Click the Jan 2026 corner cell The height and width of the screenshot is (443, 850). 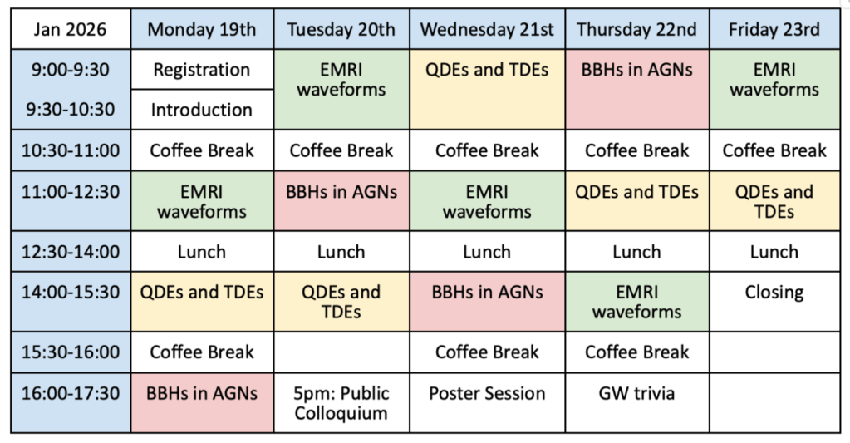click(71, 29)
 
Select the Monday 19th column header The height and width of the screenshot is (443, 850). click(202, 29)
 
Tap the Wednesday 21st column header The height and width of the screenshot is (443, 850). click(488, 29)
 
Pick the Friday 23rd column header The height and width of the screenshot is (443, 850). click(774, 29)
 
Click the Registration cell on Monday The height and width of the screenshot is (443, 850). click(202, 70)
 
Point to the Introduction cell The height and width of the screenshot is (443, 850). click(202, 110)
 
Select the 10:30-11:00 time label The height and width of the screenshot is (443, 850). click(71, 150)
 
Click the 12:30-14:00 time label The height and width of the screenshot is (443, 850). click(71, 252)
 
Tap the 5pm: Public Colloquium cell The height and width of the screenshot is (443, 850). click(341, 403)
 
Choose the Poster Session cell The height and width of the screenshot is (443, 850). click(488, 403)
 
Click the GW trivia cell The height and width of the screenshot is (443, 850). click(637, 403)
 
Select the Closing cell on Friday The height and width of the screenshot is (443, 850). click(774, 302)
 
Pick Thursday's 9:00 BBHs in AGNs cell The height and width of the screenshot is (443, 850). click(637, 90)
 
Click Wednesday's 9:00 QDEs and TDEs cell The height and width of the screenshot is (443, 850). click(488, 90)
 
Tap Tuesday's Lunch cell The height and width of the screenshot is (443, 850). click(341, 252)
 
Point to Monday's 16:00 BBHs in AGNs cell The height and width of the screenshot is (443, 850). click(202, 403)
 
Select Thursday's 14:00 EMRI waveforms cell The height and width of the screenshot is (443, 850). click(637, 302)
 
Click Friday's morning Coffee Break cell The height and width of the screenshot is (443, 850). click(774, 150)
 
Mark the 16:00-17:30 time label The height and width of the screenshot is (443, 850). click(71, 403)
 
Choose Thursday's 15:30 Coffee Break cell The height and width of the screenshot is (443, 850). click(637, 352)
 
